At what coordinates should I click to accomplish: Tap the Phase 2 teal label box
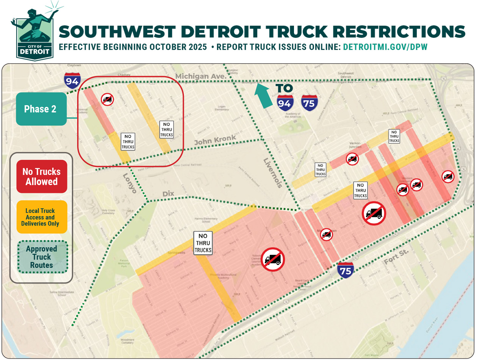(41, 109)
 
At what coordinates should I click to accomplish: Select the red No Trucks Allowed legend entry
(42, 176)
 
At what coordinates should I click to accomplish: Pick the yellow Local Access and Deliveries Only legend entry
(42, 217)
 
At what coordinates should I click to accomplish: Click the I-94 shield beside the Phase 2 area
(72, 81)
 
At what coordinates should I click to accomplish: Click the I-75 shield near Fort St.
(345, 270)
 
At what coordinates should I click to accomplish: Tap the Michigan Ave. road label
(200, 76)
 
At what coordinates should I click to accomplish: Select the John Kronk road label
(215, 140)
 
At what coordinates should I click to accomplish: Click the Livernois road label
(273, 173)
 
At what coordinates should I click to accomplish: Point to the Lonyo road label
(130, 184)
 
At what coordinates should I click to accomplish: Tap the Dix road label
(168, 193)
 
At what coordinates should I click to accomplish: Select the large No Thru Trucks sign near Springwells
(203, 243)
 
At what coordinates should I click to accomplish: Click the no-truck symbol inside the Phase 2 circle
(107, 100)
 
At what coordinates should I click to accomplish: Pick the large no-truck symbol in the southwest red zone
(272, 260)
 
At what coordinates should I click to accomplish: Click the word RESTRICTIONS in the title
(399, 32)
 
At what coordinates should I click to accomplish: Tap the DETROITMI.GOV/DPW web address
(385, 47)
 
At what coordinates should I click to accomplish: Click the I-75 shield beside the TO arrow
(309, 103)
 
